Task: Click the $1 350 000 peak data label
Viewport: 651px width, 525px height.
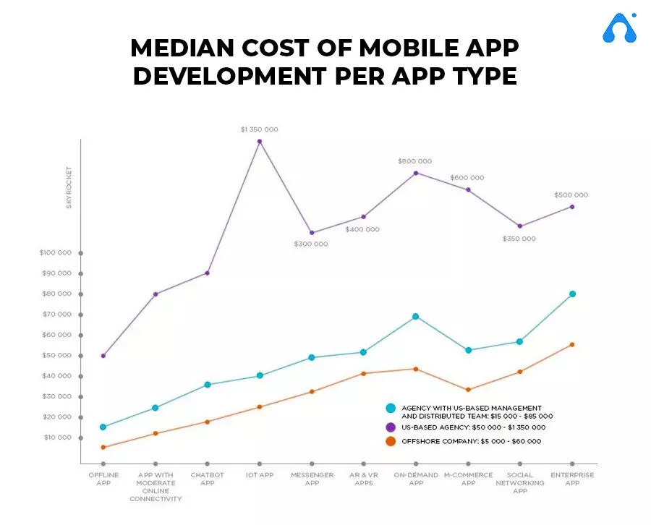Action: tap(259, 129)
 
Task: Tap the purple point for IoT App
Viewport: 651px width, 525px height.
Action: tap(260, 141)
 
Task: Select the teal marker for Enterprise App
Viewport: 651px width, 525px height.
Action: tap(572, 294)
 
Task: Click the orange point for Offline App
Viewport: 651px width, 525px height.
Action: tap(103, 447)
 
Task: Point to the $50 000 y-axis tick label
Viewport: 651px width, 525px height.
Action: tap(56, 355)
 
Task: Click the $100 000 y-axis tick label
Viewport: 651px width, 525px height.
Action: tap(56, 253)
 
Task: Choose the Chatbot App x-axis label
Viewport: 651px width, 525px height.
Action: tap(207, 479)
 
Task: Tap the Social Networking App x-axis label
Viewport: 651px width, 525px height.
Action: tap(519, 482)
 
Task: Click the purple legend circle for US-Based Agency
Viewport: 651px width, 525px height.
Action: tap(391, 427)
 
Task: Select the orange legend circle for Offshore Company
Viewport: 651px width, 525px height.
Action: tap(391, 441)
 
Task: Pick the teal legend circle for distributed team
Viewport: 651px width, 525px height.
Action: tap(391, 409)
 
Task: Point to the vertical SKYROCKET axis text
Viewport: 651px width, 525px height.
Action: tap(69, 187)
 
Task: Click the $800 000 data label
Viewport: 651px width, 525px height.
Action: tap(414, 161)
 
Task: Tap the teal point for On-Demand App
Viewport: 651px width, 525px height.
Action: tap(415, 316)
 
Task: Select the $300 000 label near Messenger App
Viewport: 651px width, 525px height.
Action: tap(310, 244)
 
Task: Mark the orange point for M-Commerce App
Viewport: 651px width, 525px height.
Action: tap(468, 390)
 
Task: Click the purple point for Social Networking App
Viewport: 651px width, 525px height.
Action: tap(519, 226)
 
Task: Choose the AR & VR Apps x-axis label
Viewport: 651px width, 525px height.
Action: tap(364, 479)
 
